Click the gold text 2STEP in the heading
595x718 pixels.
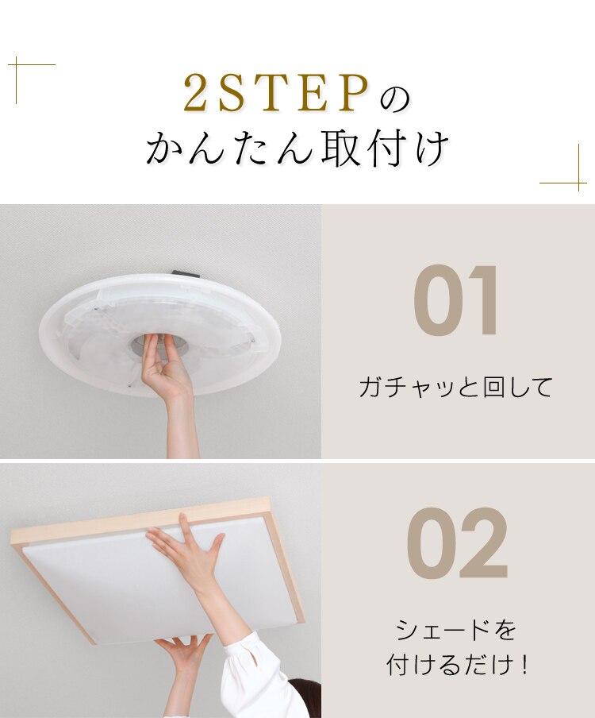[276, 95]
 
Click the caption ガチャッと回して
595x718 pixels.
[455, 388]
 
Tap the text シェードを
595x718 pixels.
[456, 631]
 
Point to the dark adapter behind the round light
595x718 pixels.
[186, 275]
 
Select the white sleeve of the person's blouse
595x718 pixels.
[254, 675]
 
